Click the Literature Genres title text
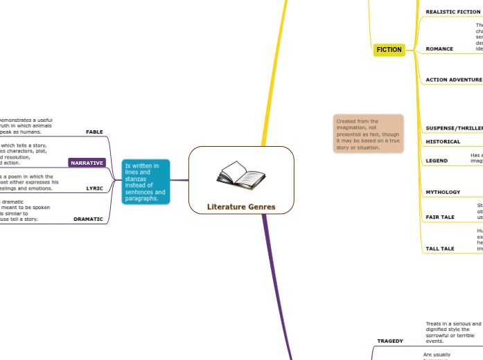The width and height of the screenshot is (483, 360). (241, 206)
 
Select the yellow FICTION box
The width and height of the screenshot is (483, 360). (389, 50)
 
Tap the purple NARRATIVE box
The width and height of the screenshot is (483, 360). (87, 163)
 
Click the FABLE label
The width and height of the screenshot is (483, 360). (94, 132)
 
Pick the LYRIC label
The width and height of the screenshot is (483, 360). (94, 188)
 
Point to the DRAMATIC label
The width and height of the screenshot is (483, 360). (88, 219)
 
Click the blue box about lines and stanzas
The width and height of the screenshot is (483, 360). (145, 182)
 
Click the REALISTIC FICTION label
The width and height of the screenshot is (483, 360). (453, 12)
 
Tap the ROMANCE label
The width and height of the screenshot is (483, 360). (439, 49)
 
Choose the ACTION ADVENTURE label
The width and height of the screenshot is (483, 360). (453, 80)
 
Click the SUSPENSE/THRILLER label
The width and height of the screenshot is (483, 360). (453, 129)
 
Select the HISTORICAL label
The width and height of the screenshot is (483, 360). (443, 141)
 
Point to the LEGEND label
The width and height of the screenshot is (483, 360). (437, 161)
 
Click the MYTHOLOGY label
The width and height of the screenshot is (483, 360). (443, 191)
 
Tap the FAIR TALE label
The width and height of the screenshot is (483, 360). (440, 217)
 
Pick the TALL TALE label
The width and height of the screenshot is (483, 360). (440, 248)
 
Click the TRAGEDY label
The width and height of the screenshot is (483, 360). (389, 341)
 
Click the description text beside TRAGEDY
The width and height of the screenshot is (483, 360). (453, 332)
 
